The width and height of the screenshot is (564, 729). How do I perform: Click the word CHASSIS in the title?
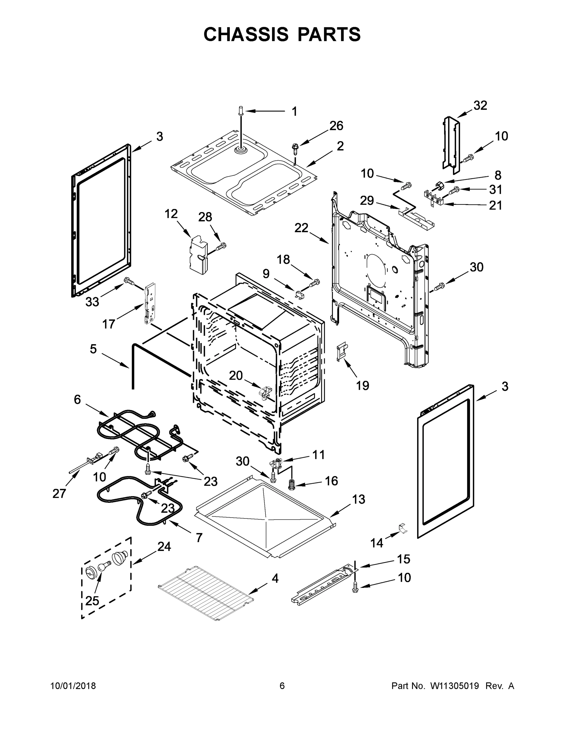[x=246, y=34]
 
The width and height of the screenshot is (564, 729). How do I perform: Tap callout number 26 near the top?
[x=336, y=126]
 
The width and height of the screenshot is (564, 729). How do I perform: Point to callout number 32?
[x=480, y=105]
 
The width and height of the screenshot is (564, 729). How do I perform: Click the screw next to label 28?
[x=221, y=247]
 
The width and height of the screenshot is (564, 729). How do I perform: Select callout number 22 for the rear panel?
[x=301, y=228]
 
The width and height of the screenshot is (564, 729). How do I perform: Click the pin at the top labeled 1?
[x=241, y=111]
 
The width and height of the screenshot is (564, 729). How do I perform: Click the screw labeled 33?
[x=129, y=281]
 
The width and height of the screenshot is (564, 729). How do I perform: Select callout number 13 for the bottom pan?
[x=358, y=500]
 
